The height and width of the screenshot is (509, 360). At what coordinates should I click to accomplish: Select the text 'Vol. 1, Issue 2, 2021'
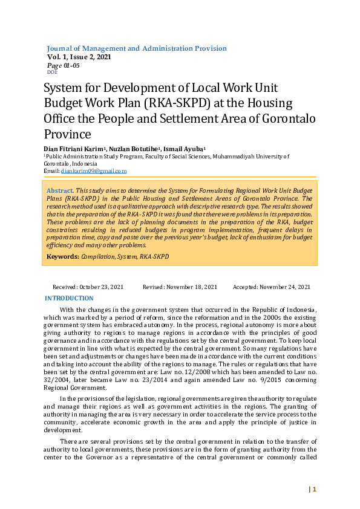tap(79, 57)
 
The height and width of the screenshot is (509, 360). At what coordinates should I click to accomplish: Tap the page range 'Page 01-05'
tap(63, 65)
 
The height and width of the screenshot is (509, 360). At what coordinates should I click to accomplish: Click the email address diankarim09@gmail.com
tap(93, 171)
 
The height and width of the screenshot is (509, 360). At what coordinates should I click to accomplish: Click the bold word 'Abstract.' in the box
tap(60, 190)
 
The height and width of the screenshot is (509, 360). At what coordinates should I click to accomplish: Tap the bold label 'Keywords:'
tap(63, 257)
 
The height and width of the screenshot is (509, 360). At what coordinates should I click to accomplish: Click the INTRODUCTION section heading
tap(70, 298)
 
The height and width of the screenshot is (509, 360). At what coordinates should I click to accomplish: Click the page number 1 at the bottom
tap(315, 489)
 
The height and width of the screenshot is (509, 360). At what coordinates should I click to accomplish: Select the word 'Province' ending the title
tap(67, 134)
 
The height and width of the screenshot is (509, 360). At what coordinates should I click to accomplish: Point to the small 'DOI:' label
tap(51, 71)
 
